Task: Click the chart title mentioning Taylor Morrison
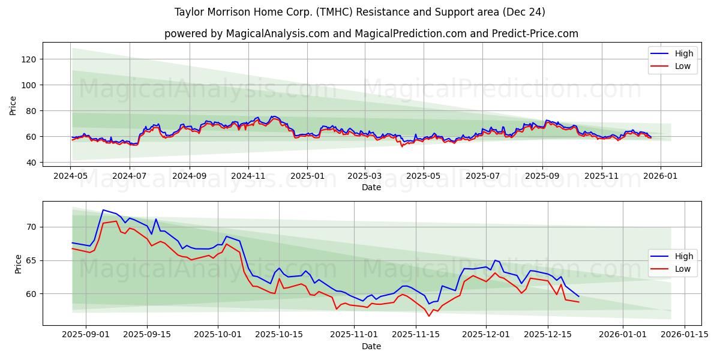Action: [359, 12]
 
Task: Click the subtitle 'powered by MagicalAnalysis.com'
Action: [371, 34]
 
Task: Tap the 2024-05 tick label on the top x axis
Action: [71, 176]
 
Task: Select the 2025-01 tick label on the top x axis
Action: [307, 176]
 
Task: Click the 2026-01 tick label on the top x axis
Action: [660, 176]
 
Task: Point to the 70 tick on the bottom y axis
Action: [31, 227]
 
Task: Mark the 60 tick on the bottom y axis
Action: [31, 294]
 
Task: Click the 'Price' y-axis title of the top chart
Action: [13, 106]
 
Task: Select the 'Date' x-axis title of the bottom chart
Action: [371, 346]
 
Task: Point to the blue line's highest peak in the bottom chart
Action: [103, 210]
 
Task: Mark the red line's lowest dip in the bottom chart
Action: [429, 316]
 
